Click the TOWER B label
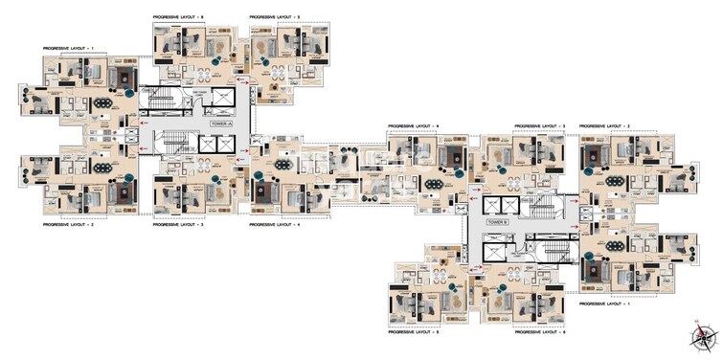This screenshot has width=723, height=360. click(495, 221)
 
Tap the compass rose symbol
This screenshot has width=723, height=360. click(705, 338)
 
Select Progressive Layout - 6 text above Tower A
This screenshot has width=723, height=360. click(179, 17)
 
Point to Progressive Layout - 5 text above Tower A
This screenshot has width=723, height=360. click(275, 17)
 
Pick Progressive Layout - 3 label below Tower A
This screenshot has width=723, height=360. click(179, 224)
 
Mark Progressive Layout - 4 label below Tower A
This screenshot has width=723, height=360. click(275, 224)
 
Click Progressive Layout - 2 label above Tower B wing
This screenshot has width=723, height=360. click(605, 125)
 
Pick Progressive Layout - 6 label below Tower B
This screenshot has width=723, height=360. click(540, 329)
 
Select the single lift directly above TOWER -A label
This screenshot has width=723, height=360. click(223, 99)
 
